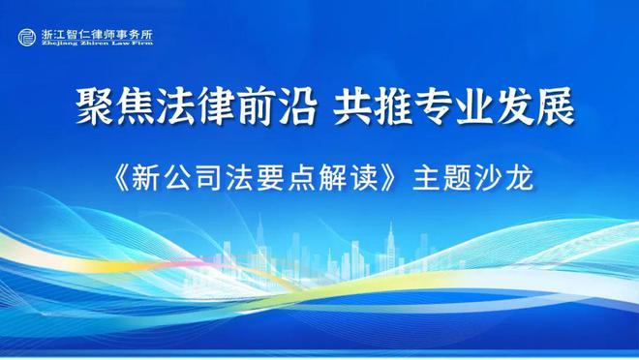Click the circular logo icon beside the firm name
coord(28,38)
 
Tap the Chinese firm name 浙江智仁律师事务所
coord(97,34)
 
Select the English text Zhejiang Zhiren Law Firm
coord(97,45)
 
